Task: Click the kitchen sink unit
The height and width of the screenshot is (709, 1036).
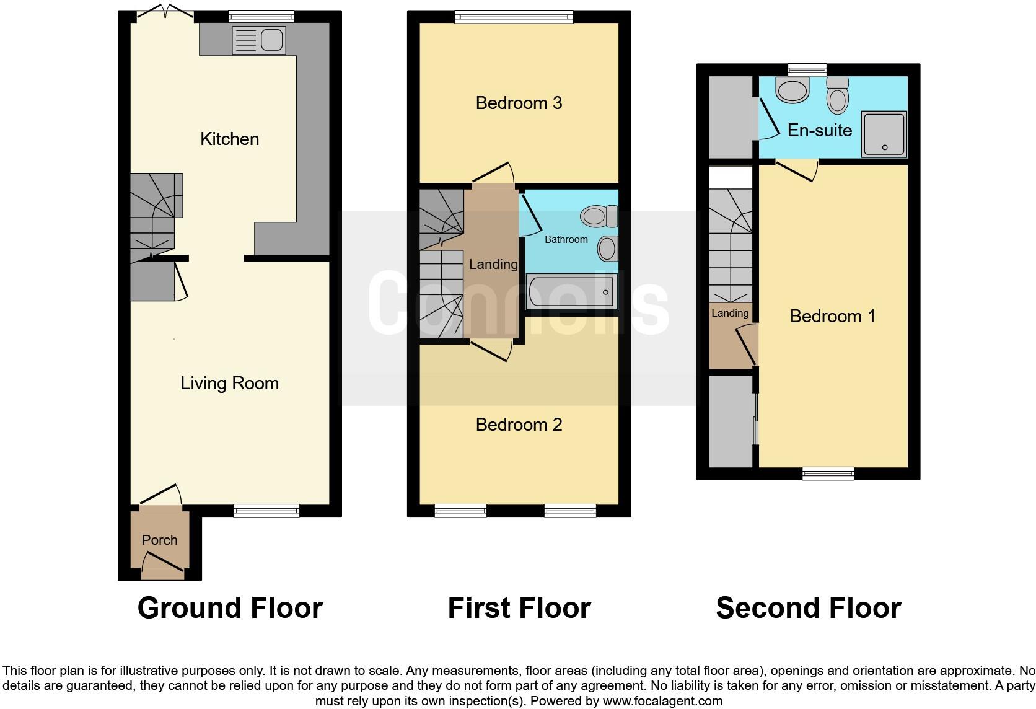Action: click(258, 40)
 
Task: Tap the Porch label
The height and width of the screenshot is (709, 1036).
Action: click(160, 540)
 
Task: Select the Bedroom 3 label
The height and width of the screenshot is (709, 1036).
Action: click(519, 103)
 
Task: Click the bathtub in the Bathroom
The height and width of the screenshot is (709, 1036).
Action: click(571, 291)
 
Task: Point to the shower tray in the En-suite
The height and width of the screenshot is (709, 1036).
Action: click(884, 134)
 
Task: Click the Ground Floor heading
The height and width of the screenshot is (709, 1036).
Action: click(230, 608)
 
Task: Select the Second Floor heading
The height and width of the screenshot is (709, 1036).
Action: click(808, 608)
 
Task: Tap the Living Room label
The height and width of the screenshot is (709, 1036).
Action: click(229, 383)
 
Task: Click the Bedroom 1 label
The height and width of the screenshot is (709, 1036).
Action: click(832, 316)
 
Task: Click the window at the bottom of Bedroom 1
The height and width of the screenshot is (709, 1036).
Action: click(828, 474)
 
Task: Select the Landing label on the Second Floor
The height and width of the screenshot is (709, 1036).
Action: click(730, 313)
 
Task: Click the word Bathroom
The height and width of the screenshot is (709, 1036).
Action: click(566, 239)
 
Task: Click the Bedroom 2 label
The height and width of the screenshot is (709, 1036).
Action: click(519, 425)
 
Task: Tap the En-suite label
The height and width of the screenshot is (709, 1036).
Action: click(819, 130)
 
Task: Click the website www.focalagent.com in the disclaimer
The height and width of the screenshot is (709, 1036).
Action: click(662, 702)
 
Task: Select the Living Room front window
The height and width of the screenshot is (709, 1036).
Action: click(266, 511)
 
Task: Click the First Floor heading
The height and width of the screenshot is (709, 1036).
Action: click(519, 608)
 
